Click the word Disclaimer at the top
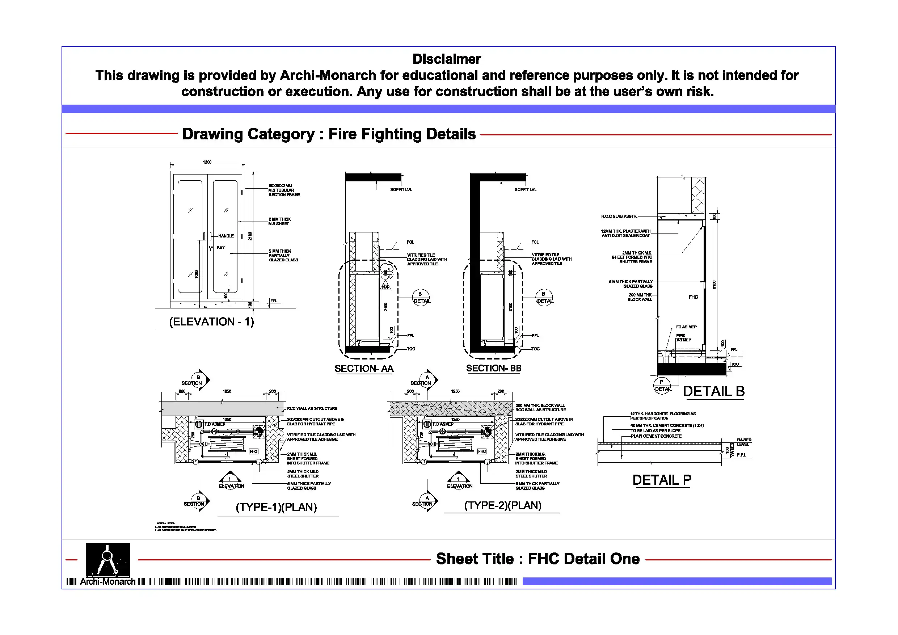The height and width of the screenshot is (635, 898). tap(446, 59)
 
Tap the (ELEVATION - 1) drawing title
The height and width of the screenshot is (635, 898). tap(212, 321)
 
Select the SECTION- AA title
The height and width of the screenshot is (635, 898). tap(364, 369)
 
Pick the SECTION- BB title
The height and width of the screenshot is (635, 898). tap(494, 368)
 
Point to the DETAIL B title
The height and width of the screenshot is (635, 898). tap(713, 391)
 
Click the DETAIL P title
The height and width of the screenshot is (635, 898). tap(662, 480)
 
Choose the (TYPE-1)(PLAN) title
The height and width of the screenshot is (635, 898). tap(276, 507)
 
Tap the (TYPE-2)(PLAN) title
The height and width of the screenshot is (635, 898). tap(503, 505)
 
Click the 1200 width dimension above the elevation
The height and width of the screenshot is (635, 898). tap(207, 162)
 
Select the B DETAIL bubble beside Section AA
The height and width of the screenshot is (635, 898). tap(421, 298)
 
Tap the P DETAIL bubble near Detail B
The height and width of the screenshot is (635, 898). tap(662, 386)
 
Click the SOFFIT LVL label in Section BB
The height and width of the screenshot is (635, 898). tap(525, 190)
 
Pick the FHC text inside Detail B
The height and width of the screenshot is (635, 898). tap(693, 297)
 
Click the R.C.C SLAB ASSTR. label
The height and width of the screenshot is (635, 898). tap(619, 216)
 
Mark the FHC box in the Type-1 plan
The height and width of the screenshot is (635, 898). tap(253, 451)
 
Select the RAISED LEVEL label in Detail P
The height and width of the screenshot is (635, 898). tap(743, 442)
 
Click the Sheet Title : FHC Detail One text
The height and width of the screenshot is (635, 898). tap(538, 559)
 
